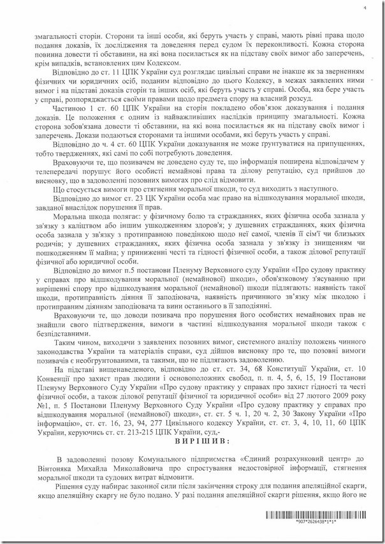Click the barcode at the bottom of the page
coord(312,514)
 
